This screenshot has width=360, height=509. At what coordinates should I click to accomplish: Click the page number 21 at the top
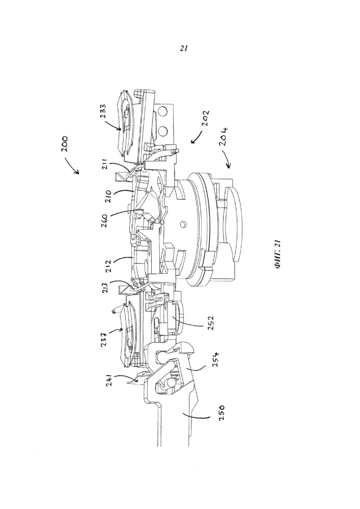[184, 48]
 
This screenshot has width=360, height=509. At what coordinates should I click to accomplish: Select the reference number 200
[64, 145]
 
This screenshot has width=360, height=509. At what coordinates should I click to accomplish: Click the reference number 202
[205, 119]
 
